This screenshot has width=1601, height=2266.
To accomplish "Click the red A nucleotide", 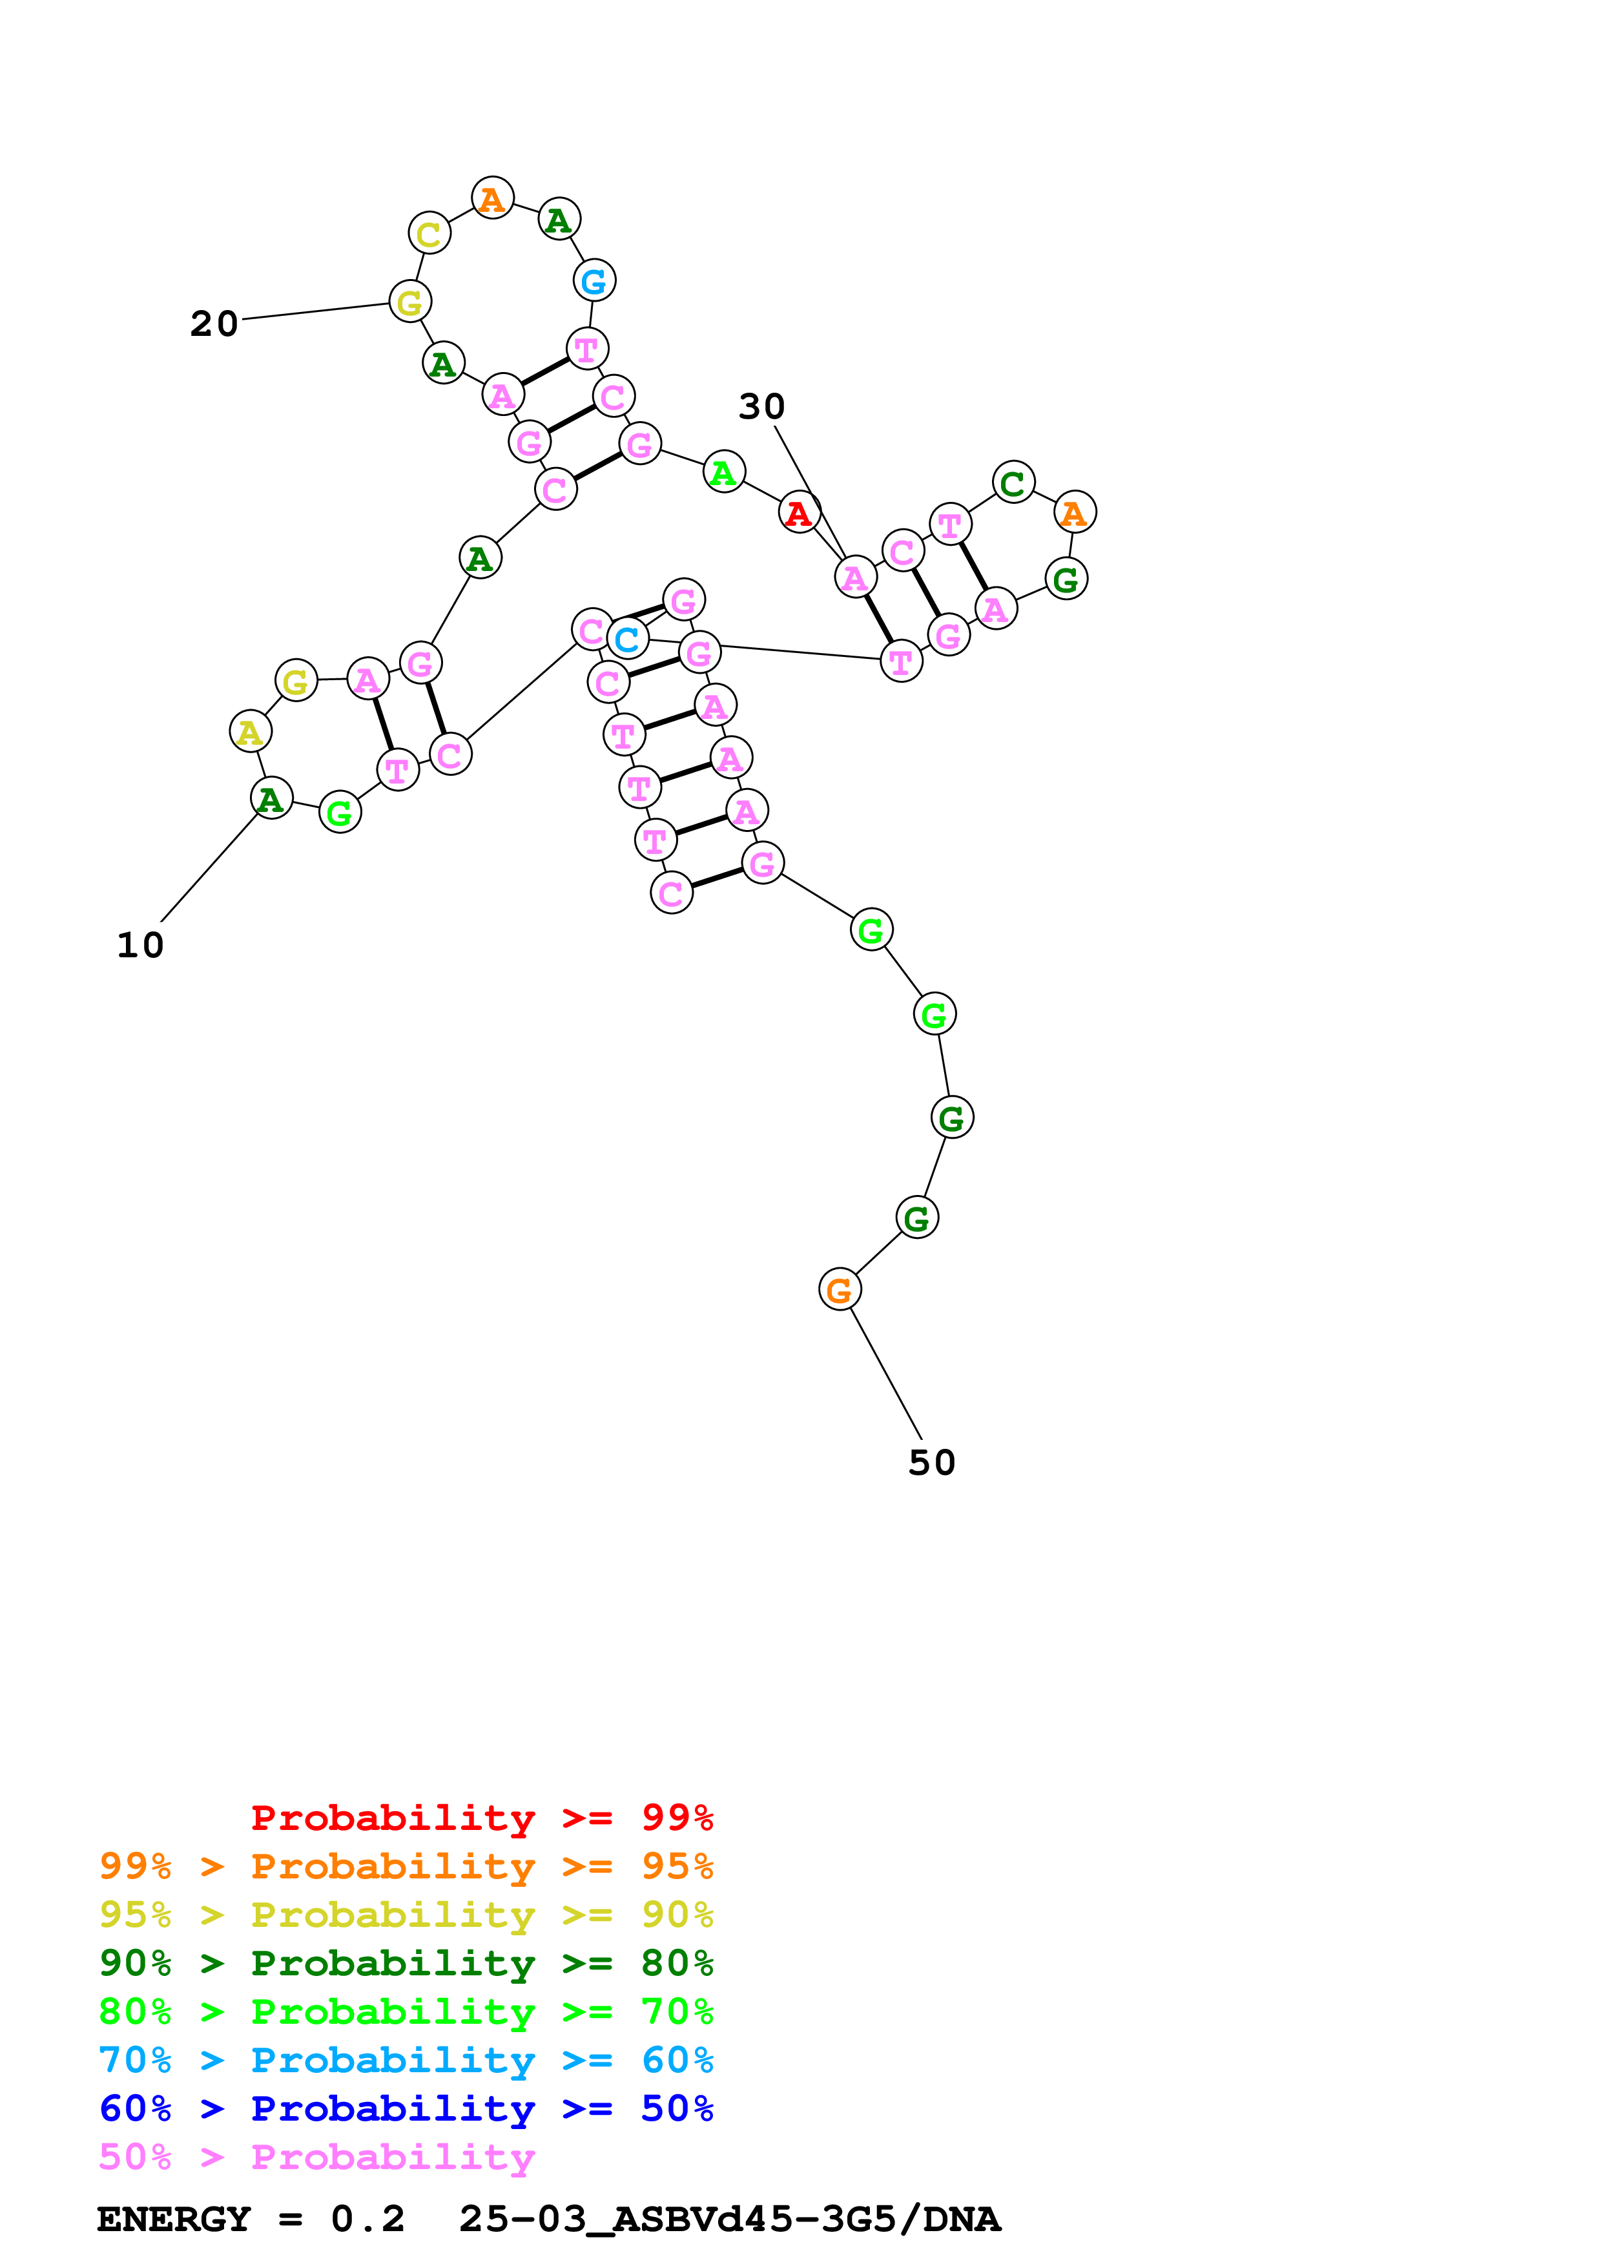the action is (x=799, y=512).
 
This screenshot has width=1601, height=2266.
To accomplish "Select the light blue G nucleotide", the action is (x=594, y=281).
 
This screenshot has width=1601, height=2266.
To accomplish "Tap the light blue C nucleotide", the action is (x=627, y=639).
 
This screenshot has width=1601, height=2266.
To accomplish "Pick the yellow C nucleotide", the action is (x=429, y=234).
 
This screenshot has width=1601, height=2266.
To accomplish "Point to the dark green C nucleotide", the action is (x=1013, y=484).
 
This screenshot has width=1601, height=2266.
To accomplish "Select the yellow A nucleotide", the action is (x=251, y=733).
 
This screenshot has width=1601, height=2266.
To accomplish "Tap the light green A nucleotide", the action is (x=724, y=473).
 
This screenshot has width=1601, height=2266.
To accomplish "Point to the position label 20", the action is (x=214, y=324).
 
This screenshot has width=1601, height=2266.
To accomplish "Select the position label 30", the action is (x=761, y=406).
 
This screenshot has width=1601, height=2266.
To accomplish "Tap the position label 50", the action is (x=931, y=1462).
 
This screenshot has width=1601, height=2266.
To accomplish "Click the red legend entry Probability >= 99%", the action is (x=481, y=1817).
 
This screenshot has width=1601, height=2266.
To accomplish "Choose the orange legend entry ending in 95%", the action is (x=406, y=1866).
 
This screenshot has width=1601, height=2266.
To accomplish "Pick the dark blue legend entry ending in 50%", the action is (x=406, y=2108).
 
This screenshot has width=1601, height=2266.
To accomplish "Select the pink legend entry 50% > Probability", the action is (x=316, y=2157).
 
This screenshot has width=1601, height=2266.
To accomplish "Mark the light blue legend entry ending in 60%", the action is (x=406, y=2060).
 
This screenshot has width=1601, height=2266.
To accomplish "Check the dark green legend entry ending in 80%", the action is (x=406, y=1963).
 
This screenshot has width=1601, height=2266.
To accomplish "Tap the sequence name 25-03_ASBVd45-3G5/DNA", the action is (x=730, y=2219).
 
